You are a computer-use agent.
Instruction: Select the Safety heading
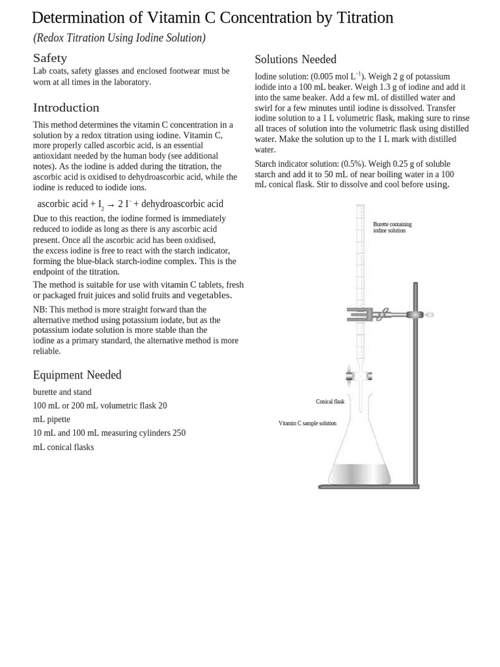point(50,58)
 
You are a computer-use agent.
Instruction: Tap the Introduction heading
point(66,107)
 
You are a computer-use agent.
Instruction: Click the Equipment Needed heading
point(77,375)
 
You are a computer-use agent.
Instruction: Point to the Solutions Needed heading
point(295,60)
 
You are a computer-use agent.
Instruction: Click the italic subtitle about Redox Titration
point(119,38)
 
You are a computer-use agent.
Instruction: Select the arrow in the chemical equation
point(111,205)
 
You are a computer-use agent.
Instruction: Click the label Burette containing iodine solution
point(392,227)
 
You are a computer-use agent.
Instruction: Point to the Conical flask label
point(330,402)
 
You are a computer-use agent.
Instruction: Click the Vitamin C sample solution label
point(307,423)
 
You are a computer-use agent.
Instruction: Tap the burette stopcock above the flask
point(359,376)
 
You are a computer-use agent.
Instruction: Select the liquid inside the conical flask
point(359,474)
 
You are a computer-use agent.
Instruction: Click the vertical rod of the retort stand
point(415,391)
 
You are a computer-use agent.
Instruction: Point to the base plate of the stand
point(368,487)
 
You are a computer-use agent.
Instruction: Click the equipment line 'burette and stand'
point(62,392)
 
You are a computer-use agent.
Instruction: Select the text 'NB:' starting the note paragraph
point(40,310)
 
